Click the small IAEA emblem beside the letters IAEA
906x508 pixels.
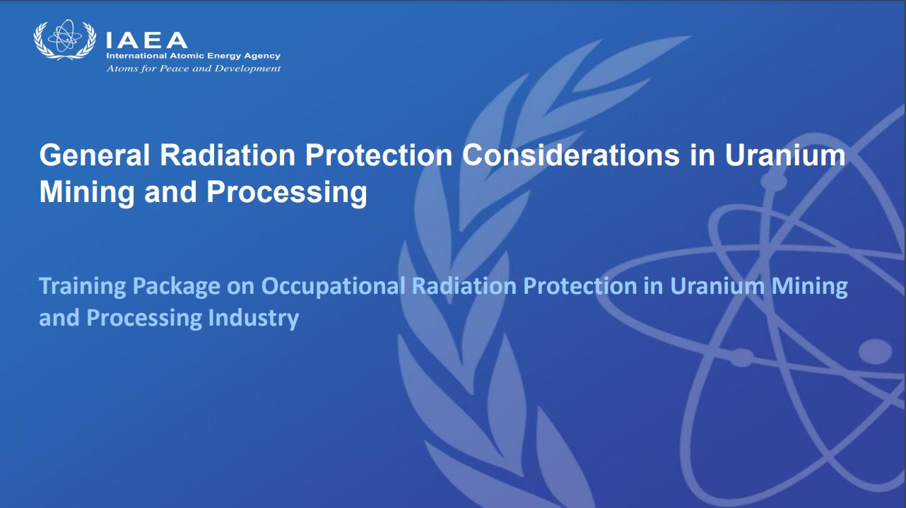pyautogui.click(x=65, y=40)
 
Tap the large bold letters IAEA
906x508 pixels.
pyautogui.click(x=146, y=40)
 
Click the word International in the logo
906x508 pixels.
pyautogui.click(x=136, y=56)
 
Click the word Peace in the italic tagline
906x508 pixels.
pyautogui.click(x=175, y=69)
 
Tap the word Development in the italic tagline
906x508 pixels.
pyautogui.click(x=247, y=69)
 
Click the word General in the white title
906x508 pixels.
pyautogui.click(x=95, y=155)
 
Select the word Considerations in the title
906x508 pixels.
pyautogui.click(x=571, y=155)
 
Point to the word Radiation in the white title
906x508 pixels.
pyautogui.click(x=228, y=155)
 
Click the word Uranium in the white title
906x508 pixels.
pyautogui.click(x=784, y=155)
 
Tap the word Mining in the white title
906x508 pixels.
pyautogui.click(x=86, y=193)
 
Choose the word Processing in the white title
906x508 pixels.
pyautogui.click(x=287, y=193)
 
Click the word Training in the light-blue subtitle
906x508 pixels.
pyautogui.click(x=83, y=286)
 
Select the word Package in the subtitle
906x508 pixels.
pyautogui.click(x=177, y=287)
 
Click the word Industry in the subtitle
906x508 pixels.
pyautogui.click(x=254, y=319)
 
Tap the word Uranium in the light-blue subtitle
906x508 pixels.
pyautogui.click(x=717, y=286)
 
